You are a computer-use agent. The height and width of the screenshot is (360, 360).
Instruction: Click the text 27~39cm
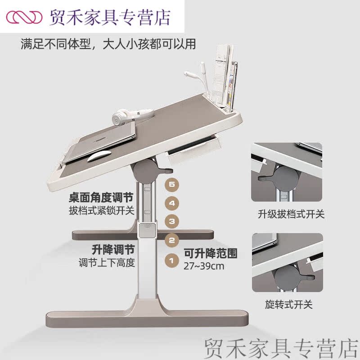[204, 266]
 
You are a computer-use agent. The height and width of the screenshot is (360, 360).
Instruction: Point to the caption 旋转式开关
[288, 305]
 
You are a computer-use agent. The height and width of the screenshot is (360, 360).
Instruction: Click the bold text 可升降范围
[210, 253]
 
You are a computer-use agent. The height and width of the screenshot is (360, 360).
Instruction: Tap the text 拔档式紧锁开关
[102, 211]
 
